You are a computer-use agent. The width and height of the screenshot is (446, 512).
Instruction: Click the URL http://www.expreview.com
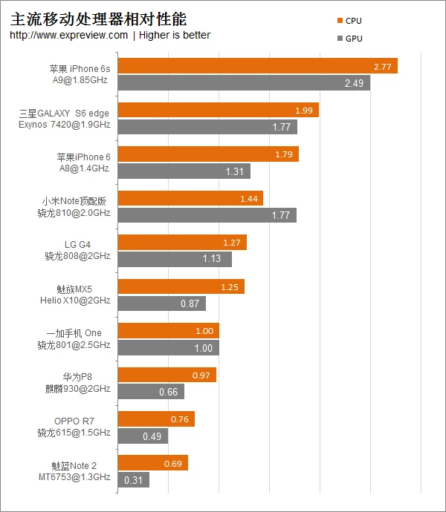pos(69,35)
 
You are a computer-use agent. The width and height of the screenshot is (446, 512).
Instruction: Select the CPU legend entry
pos(349,21)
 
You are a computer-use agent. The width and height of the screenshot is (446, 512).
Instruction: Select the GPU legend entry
pos(349,39)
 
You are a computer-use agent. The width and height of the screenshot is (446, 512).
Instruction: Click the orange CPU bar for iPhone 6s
pos(257,66)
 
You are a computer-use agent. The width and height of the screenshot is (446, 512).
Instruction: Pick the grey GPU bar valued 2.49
pos(244,83)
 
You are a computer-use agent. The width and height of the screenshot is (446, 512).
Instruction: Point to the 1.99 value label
pos(303,111)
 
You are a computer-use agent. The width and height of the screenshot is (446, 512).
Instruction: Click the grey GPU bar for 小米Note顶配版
pos(207,215)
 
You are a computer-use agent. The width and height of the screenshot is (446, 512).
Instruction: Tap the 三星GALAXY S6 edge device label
pos(64,114)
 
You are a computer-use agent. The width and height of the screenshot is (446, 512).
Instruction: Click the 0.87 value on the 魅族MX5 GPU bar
pos(190,303)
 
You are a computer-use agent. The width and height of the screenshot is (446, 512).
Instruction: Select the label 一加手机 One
pos(74,333)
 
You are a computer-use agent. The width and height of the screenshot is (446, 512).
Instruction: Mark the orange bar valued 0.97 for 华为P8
pos(167,375)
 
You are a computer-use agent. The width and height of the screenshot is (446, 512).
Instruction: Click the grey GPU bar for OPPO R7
pos(143,436)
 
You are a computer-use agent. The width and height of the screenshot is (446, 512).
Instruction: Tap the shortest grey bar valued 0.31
pos(133,480)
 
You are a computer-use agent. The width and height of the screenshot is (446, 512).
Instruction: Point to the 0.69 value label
pos(172,463)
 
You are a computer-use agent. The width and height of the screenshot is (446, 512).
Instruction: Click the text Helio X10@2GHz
pos(75,301)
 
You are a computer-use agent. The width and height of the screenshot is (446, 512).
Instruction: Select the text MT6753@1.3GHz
pos(75,476)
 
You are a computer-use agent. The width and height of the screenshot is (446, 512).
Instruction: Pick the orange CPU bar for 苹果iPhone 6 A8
pos(208,154)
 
